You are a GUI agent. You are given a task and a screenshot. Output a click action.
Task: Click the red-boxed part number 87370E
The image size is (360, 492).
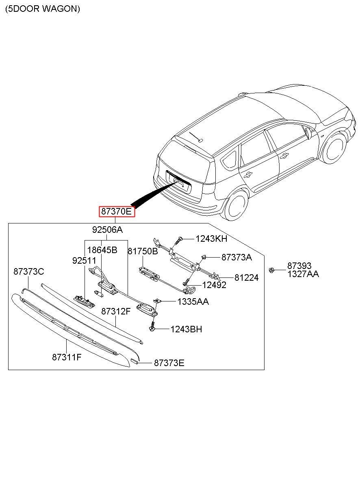(116, 212)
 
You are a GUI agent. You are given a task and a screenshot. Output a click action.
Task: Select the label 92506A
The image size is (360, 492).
(107, 230)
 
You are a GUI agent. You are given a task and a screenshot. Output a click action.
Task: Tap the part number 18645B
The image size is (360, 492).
(102, 250)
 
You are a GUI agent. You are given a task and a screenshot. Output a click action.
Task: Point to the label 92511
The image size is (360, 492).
(84, 261)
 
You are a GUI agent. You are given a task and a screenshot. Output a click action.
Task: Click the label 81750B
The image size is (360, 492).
(143, 251)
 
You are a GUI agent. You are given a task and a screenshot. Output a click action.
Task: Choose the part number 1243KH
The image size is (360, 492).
(211, 239)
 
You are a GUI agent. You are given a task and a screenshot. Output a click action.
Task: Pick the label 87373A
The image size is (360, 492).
(236, 257)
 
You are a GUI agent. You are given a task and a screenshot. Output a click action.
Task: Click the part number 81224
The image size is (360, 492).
(246, 278)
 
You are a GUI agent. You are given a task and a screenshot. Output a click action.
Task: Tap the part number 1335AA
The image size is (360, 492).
(193, 301)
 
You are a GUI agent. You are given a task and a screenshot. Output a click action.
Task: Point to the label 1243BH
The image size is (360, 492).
(186, 329)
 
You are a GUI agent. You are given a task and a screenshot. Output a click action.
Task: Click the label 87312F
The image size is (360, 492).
(116, 312)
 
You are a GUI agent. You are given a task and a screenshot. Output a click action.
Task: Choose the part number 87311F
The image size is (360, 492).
(67, 357)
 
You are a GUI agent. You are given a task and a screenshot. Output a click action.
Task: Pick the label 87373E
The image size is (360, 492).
(169, 363)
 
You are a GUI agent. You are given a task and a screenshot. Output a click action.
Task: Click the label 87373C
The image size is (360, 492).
(28, 272)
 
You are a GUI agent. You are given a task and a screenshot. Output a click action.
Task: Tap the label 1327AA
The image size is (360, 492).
(303, 274)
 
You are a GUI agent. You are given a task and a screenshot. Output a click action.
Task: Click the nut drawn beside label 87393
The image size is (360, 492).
(271, 269)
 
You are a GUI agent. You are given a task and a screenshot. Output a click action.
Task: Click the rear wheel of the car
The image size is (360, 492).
(236, 206)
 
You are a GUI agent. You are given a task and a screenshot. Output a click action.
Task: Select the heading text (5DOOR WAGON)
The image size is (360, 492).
(43, 9)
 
